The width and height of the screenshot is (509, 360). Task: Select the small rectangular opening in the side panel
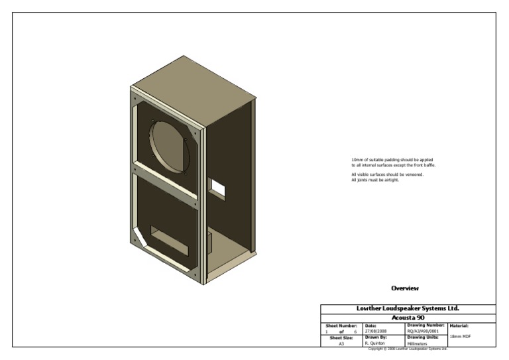(217, 187)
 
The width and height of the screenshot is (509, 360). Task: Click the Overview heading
(405, 288)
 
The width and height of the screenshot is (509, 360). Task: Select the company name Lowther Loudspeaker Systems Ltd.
(408, 308)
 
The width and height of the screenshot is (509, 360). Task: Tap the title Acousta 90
(408, 318)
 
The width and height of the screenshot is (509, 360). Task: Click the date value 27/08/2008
(375, 331)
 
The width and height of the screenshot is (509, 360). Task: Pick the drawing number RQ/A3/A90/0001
(422, 331)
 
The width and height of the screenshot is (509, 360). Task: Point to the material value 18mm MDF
(460, 337)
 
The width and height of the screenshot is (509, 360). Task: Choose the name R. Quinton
(375, 343)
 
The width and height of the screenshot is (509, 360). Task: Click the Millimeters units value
(418, 343)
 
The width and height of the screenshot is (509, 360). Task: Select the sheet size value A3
(341, 343)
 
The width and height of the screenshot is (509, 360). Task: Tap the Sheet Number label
(341, 326)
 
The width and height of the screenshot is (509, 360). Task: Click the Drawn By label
(376, 337)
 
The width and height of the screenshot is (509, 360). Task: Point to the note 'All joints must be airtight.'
(375, 180)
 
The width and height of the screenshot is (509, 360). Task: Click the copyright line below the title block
(408, 349)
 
